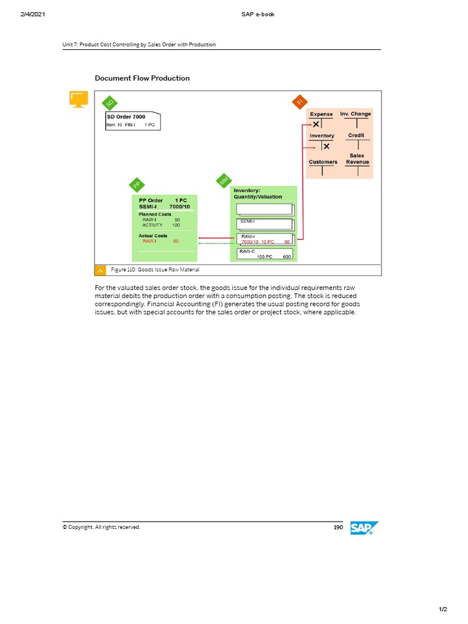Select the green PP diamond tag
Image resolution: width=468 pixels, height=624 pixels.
(x=137, y=184)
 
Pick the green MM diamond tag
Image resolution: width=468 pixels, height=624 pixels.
(x=224, y=181)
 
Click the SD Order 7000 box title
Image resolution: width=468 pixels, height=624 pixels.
(x=126, y=116)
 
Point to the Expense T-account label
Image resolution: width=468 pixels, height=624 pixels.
(x=321, y=114)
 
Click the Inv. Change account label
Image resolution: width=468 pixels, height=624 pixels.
(x=355, y=114)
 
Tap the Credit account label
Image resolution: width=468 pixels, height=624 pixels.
(x=356, y=135)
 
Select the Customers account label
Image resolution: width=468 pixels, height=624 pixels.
(x=323, y=161)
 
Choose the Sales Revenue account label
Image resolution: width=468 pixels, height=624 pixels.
(x=357, y=158)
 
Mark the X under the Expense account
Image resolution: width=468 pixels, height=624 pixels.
(x=316, y=124)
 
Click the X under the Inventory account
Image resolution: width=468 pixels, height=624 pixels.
(x=327, y=146)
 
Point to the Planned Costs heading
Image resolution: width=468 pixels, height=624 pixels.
(x=155, y=214)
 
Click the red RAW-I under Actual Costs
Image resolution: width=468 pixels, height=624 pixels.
(x=149, y=241)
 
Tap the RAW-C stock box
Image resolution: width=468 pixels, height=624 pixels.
(x=265, y=253)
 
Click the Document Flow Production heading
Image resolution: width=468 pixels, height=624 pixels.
(x=142, y=78)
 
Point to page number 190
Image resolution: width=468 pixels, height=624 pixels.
(x=338, y=527)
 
